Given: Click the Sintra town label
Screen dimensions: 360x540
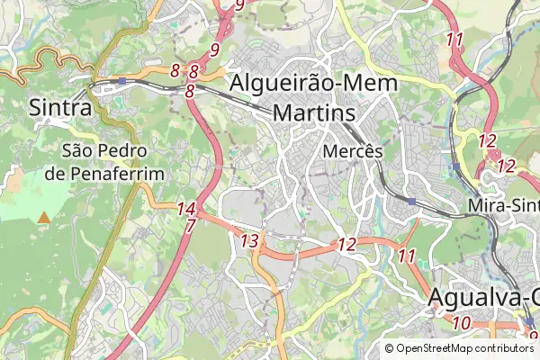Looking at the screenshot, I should [x=60, y=107].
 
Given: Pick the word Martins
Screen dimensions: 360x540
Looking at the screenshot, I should [x=314, y=113].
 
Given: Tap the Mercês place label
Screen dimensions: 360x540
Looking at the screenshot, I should [x=353, y=152].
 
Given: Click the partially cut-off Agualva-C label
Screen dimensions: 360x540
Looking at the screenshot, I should [x=484, y=296].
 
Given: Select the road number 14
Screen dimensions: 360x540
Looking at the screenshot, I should [x=186, y=209].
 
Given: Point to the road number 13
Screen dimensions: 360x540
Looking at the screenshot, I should [x=249, y=240].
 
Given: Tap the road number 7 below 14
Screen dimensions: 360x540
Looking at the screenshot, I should [x=190, y=226].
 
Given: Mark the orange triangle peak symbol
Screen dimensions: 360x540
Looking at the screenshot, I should [x=44, y=217].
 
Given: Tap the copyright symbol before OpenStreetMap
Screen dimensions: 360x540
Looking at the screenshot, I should [x=390, y=348].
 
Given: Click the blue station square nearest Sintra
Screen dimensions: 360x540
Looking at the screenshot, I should [x=121, y=81].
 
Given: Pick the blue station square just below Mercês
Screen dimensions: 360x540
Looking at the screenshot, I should [x=411, y=202].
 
